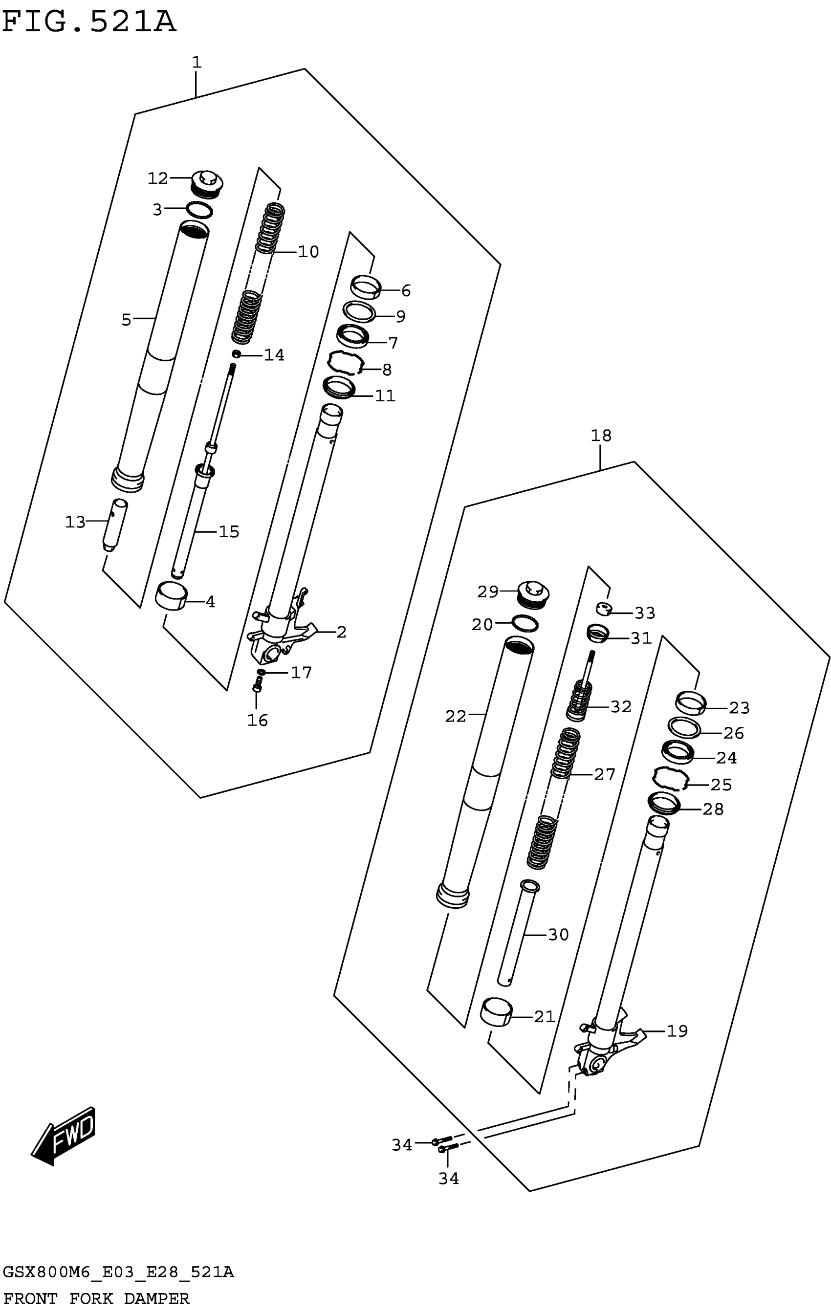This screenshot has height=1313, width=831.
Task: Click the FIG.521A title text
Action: tap(89, 22)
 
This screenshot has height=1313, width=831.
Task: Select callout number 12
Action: tap(157, 178)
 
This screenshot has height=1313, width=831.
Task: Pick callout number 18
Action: tap(601, 436)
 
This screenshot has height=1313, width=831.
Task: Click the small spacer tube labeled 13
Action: tap(115, 525)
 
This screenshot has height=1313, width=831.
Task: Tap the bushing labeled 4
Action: tap(171, 596)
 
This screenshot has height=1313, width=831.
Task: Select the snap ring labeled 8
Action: tap(345, 363)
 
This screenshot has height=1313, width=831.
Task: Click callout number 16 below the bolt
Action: tap(258, 721)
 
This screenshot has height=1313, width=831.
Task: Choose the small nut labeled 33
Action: tap(603, 609)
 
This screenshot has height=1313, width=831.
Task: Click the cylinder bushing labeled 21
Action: tap(497, 1011)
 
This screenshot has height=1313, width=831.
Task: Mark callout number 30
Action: tap(558, 935)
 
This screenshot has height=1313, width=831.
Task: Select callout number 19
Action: tap(677, 1030)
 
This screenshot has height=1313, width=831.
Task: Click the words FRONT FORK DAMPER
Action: tap(96, 1298)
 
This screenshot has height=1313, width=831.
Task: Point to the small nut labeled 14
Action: tap(237, 354)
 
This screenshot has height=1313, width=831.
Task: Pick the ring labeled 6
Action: tap(365, 286)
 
